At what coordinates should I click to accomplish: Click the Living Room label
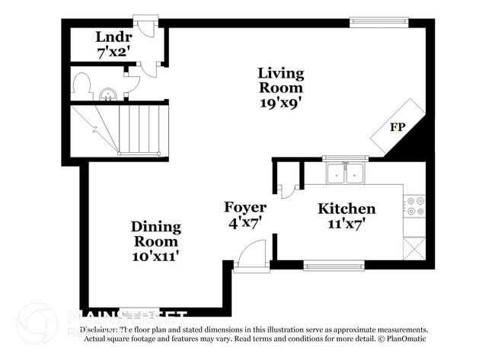point(280,80)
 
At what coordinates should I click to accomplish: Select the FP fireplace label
point(398,127)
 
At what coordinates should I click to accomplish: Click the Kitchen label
point(346,209)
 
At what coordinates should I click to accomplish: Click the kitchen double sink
point(345,174)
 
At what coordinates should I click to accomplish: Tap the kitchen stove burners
point(415,206)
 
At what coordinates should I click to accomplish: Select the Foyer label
point(244,207)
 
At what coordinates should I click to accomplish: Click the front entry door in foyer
point(251,256)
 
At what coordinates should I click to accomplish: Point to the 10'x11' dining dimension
point(155,256)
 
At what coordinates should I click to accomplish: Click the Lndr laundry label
point(113,37)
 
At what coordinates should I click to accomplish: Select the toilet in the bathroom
point(81,88)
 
